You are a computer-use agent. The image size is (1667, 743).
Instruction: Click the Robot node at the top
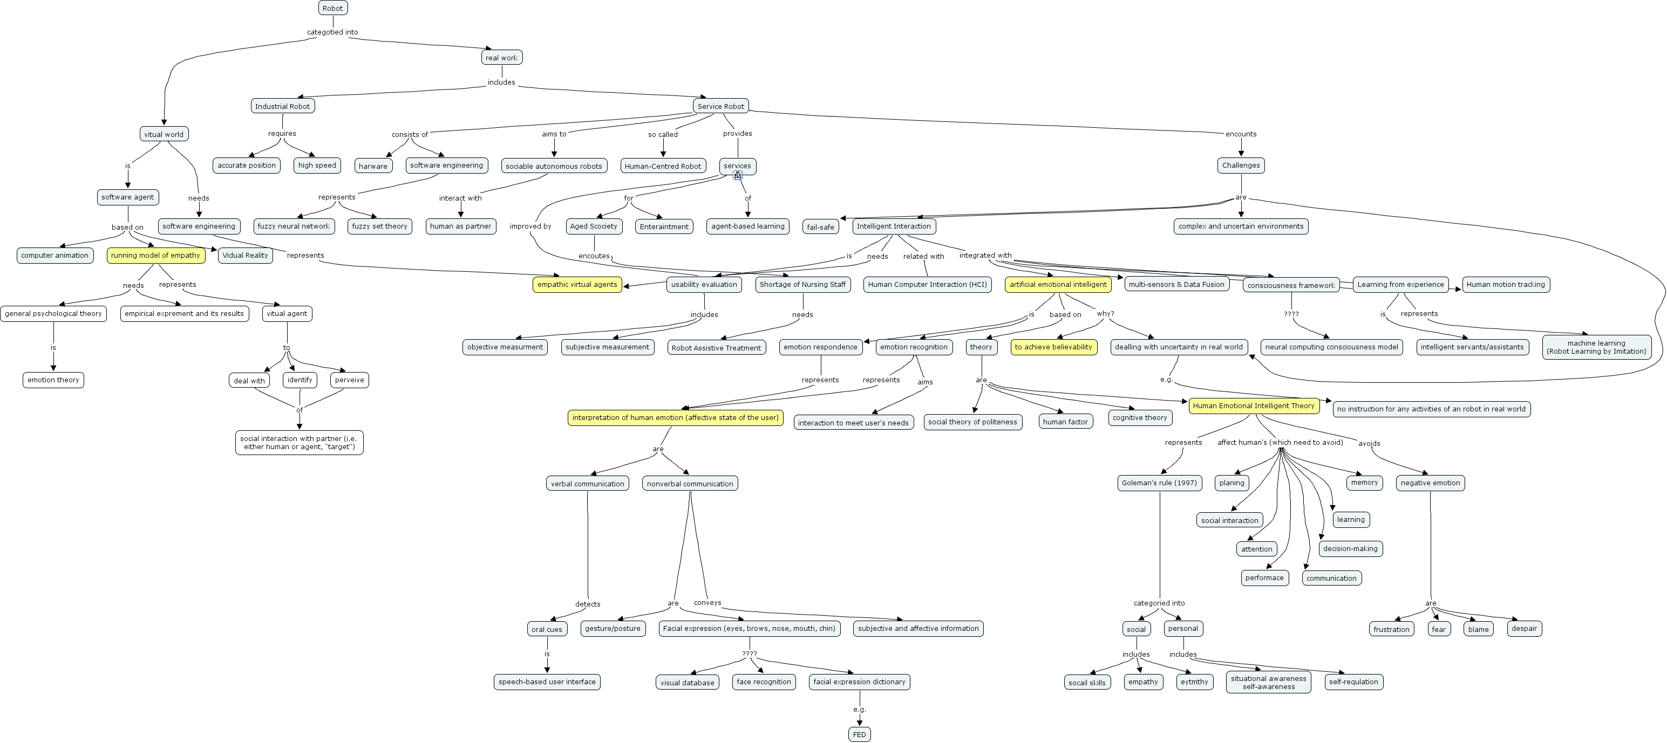[x=332, y=8]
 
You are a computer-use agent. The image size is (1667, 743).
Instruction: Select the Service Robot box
[x=721, y=106]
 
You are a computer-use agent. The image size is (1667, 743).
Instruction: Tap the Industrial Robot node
[x=283, y=106]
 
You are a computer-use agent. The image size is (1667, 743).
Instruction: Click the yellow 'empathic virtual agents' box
[x=577, y=285]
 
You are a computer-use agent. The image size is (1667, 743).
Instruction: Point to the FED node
[x=859, y=734]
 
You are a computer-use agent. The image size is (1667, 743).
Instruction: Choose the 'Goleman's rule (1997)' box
[x=1160, y=483]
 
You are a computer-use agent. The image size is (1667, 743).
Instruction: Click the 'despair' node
[x=1525, y=629]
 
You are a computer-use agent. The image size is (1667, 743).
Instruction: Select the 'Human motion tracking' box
[x=1506, y=285]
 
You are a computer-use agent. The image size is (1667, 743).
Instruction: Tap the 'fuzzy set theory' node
[x=380, y=226]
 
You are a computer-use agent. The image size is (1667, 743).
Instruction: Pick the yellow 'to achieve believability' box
[x=1053, y=347]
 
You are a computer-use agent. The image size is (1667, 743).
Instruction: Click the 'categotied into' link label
[x=332, y=32]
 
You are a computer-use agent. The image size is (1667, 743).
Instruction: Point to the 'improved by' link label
[x=530, y=226]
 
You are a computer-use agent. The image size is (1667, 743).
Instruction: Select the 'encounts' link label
[x=1241, y=134]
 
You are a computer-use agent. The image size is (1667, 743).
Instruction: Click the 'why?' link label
[x=1105, y=314]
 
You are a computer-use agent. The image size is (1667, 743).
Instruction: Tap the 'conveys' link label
[x=707, y=603]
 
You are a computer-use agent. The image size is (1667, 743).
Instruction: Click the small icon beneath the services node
[x=737, y=175]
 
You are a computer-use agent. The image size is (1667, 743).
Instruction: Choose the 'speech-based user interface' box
[x=547, y=682]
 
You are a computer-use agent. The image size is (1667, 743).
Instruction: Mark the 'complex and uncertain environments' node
[x=1241, y=226]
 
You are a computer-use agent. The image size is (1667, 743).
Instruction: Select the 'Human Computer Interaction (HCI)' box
[x=927, y=285]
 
